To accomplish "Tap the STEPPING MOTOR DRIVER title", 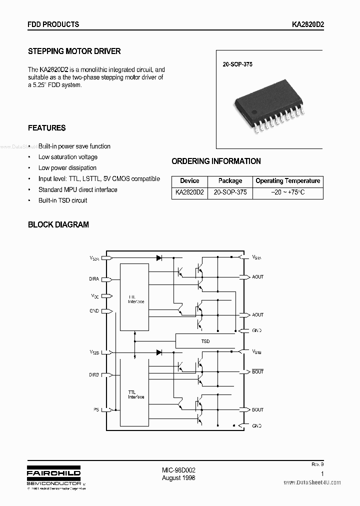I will click(x=74, y=51).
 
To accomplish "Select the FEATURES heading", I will click(x=46, y=128).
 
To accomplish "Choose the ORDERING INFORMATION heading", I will click(x=216, y=161).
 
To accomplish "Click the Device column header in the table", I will click(x=189, y=181).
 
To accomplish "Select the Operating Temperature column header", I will click(x=287, y=181).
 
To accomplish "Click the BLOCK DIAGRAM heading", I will click(x=58, y=224).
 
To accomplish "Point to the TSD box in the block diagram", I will click(x=205, y=341).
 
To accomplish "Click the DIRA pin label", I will click(x=94, y=279).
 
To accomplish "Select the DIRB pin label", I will click(x=94, y=374).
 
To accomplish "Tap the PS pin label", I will click(x=95, y=410).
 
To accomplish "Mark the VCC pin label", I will click(x=94, y=296).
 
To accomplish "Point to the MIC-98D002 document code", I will click(x=178, y=470).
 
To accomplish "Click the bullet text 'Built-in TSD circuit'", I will click(x=62, y=200).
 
